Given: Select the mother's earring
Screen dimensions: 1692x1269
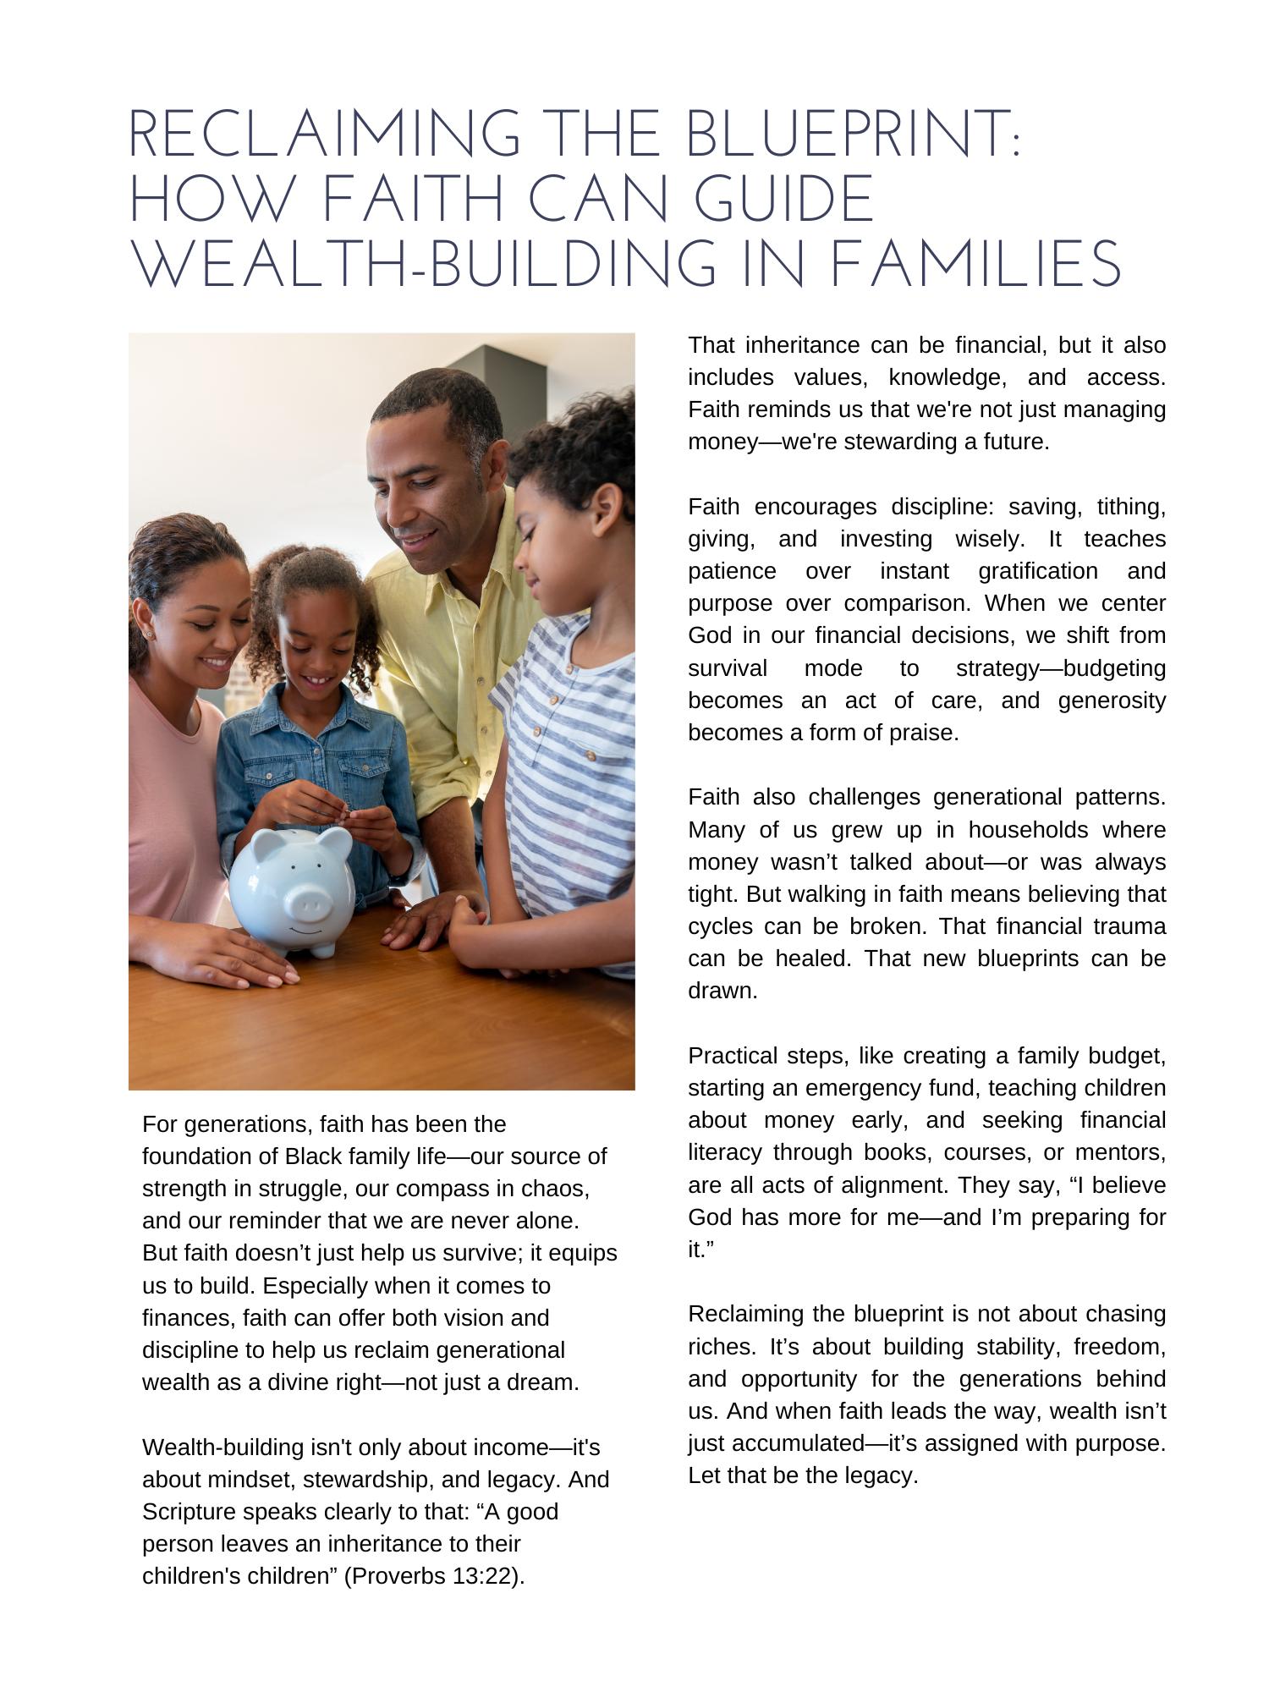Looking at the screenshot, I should tap(150, 633).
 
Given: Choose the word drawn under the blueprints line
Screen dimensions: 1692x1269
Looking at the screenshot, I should tap(722, 992).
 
